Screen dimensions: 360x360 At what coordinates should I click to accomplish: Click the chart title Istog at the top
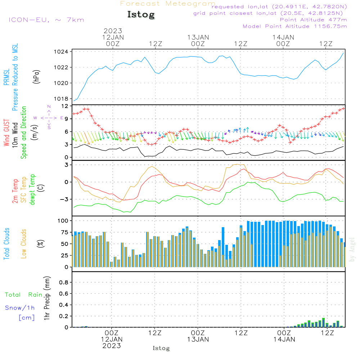[141, 15]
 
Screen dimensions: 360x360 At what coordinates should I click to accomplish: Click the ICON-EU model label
[46, 19]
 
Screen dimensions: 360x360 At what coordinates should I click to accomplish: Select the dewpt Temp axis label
[32, 189]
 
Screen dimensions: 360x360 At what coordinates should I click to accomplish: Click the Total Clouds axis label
[6, 244]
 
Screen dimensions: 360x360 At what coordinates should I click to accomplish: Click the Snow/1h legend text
[20, 308]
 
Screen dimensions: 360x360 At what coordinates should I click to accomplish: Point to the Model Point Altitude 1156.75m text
[295, 26]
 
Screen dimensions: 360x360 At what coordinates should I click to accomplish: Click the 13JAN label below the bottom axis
[198, 339]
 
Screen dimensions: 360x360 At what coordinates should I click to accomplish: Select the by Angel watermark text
[352, 249]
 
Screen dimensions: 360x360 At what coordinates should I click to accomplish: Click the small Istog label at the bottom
[161, 348]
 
